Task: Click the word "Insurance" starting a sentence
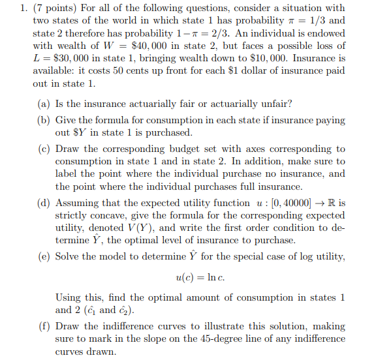[x=303, y=59]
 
